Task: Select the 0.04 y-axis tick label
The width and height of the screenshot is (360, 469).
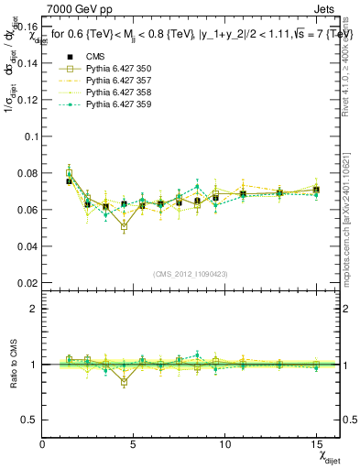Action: [x=27, y=246]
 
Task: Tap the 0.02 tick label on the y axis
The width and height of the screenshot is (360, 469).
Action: [x=27, y=283]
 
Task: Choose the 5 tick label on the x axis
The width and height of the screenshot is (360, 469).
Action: [x=134, y=445]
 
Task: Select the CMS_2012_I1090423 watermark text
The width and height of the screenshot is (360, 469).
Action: [x=191, y=274]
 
